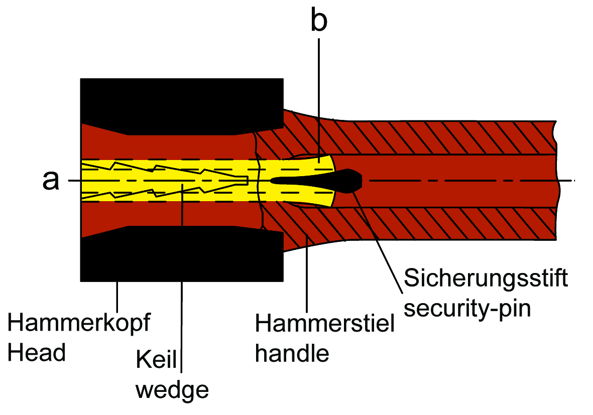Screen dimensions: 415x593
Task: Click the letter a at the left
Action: point(50,181)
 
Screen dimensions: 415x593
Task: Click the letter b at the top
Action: point(319,21)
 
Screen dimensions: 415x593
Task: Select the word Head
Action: point(37,353)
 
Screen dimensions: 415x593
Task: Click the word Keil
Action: point(156,361)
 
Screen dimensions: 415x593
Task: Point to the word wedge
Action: point(172,389)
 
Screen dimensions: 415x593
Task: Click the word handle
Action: point(292,353)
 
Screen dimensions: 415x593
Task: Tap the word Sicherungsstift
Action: point(486,278)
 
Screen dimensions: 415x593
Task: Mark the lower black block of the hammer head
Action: point(181,256)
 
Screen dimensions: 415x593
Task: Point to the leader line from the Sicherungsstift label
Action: point(382,241)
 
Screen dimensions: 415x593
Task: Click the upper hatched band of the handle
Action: point(427,137)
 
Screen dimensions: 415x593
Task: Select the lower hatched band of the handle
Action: point(427,223)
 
